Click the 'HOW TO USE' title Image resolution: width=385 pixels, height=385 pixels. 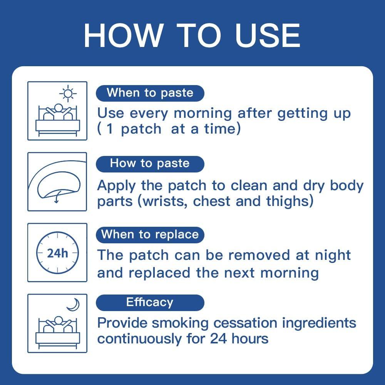[x=192, y=35]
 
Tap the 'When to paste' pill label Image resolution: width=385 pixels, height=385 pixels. [x=150, y=93]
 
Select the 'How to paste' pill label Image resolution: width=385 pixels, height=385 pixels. [x=150, y=163]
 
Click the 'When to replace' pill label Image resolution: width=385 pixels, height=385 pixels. [x=150, y=234]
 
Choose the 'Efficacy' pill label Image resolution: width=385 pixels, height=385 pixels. [x=150, y=302]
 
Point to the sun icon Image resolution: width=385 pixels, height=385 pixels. [x=68, y=94]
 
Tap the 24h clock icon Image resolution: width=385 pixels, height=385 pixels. [x=57, y=253]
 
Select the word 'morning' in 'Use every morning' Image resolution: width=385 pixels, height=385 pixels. [x=203, y=114]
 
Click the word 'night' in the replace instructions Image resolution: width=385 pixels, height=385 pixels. [x=331, y=255]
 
